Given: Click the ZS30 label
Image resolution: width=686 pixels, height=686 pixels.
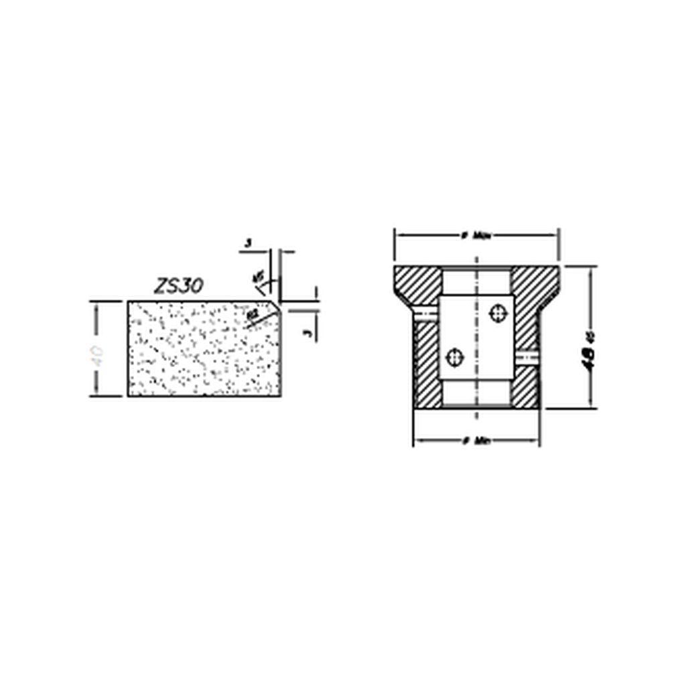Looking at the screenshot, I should coord(178,286).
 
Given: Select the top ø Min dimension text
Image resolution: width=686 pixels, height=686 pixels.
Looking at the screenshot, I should coord(476,236).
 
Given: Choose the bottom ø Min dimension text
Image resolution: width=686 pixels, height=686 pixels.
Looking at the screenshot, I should coord(476,441).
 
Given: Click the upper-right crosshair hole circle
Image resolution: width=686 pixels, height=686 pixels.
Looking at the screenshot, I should coord(498,312).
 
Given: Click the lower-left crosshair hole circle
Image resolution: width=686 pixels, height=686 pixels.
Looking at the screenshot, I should coord(455,357).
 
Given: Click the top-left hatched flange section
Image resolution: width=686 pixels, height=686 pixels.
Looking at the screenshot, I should coord(416,285).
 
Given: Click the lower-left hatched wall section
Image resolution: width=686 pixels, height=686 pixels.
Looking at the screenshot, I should coord(427,365).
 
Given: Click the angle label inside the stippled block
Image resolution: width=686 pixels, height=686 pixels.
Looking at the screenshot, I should coord(254,316).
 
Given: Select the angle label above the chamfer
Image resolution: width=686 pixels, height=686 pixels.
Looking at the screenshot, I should coord(257,277).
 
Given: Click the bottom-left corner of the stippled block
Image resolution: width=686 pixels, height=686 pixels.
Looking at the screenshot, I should coord(128,395).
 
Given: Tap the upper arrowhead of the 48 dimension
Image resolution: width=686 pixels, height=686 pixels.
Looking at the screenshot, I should coord(590,270).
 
